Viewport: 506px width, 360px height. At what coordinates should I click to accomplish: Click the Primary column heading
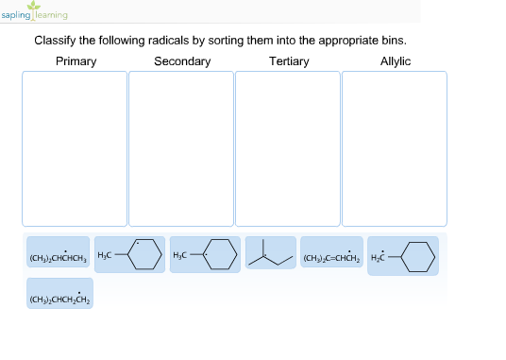point(76,61)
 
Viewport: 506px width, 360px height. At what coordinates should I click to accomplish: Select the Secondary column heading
point(182,61)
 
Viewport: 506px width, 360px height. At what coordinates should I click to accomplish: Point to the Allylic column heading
point(395,61)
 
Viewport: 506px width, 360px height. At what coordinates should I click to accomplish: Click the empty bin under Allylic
point(394,148)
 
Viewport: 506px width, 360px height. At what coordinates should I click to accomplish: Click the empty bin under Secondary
point(181,148)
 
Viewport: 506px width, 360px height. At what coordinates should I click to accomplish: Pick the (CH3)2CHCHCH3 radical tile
point(59,256)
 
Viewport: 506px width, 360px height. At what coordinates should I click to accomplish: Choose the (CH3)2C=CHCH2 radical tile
point(331,256)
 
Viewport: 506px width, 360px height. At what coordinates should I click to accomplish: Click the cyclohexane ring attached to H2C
point(418,256)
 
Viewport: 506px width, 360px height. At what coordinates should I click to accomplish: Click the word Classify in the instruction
point(55,41)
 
